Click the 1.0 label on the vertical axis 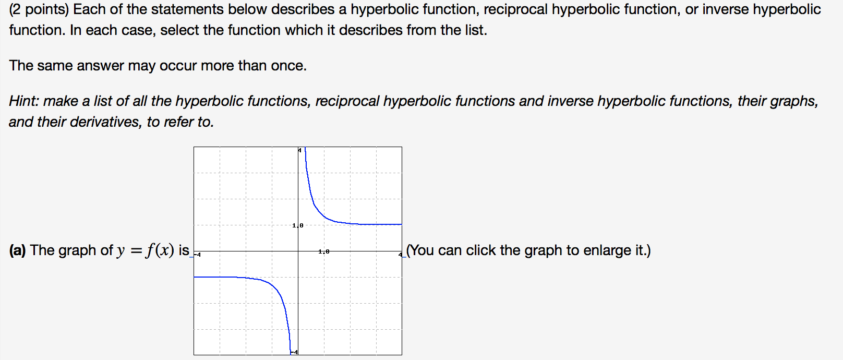pyautogui.click(x=298, y=225)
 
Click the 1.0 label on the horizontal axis pyautogui.click(x=324, y=251)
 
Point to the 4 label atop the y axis pyautogui.click(x=299, y=150)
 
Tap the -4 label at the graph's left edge pyautogui.click(x=197, y=254)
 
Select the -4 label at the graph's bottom pyautogui.click(x=294, y=352)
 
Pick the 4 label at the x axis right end pyautogui.click(x=400, y=254)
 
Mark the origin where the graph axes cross pyautogui.click(x=298, y=251)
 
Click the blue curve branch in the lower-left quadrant pyautogui.click(x=271, y=284)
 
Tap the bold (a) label pyautogui.click(x=17, y=250)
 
